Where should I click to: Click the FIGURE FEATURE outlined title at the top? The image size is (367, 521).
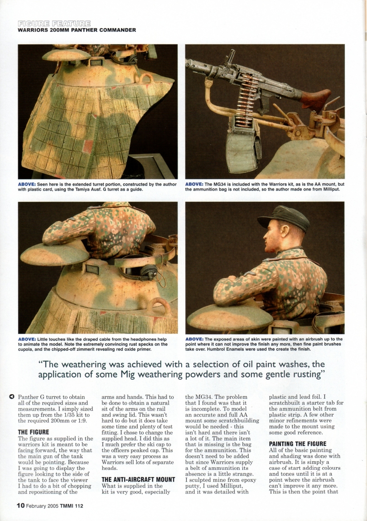(54, 23)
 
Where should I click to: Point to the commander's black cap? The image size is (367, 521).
(285, 216)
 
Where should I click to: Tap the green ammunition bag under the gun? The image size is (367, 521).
(243, 149)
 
